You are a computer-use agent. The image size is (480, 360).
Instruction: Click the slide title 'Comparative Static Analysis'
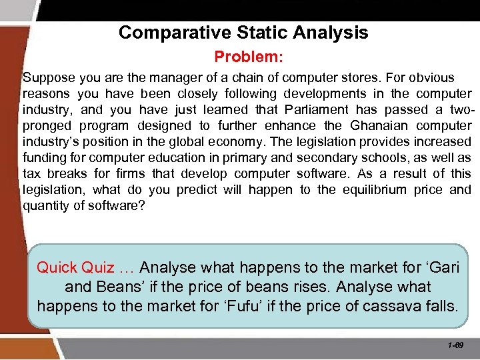[x=243, y=32]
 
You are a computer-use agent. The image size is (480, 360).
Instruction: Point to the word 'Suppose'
[x=44, y=78]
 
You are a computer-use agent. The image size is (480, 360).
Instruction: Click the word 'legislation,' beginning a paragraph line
[x=54, y=190]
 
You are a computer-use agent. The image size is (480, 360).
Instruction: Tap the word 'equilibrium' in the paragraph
[x=375, y=190]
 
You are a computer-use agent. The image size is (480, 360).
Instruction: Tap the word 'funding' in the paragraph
[x=43, y=158]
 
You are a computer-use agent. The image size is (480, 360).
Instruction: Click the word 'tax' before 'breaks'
[x=31, y=174]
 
